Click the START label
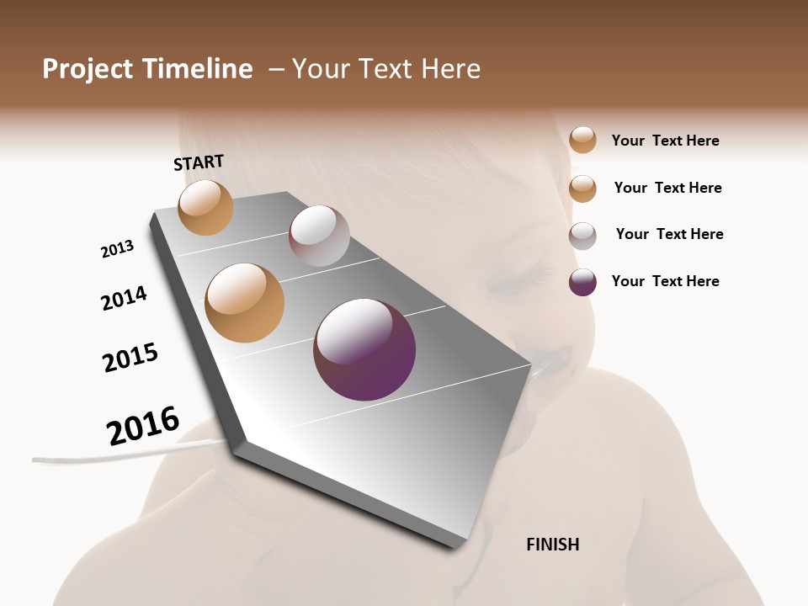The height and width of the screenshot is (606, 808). pos(199,162)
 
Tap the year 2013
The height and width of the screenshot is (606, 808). pos(117,249)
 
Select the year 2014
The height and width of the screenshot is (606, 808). pos(124,298)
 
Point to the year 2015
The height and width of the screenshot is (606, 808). pos(130,357)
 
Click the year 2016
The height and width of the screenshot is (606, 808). pos(143,426)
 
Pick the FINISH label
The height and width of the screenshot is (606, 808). pos(552,545)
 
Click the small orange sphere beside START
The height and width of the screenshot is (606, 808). pos(205,207)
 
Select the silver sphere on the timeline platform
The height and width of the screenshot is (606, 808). pos(319,236)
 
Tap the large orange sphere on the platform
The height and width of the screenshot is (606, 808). pos(245,302)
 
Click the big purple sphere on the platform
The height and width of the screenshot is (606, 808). pos(364,349)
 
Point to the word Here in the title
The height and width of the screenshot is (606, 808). pos(449,69)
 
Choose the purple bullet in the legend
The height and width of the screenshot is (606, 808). pos(582,282)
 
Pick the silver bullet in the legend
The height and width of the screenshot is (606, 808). pos(582,236)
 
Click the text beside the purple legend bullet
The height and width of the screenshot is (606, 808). pos(665,281)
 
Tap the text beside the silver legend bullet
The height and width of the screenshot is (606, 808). pos(669,234)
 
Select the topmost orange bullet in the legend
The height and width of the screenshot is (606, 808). pos(582,140)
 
